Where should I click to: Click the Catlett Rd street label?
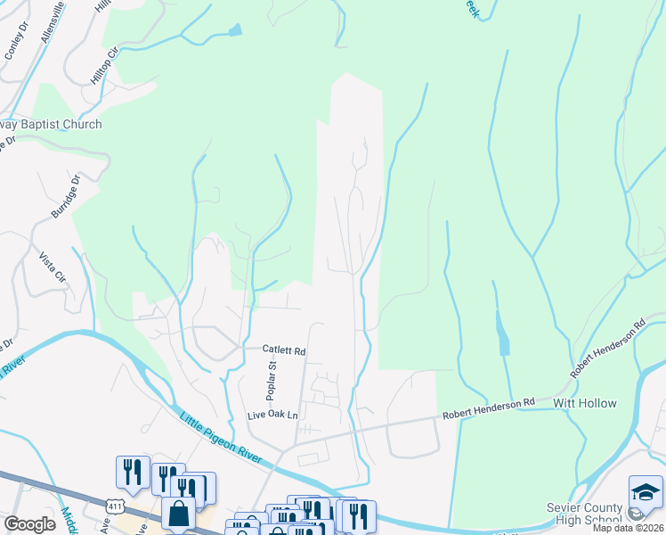tap(283, 351)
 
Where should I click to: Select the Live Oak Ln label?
tap(272, 416)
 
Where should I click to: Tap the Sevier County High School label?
tap(584, 514)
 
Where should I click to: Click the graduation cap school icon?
tap(646, 491)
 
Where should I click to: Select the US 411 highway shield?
tap(114, 506)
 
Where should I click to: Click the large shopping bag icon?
tap(178, 513)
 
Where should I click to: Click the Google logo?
tap(29, 524)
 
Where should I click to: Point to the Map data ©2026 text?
tap(628, 528)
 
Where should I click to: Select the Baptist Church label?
tap(50, 125)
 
